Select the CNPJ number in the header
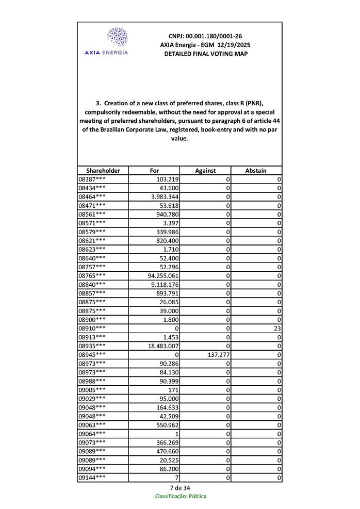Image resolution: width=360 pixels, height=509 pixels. (205, 36)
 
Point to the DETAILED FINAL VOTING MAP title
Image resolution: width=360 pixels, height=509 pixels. (205, 54)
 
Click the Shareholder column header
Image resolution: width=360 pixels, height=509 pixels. (103, 171)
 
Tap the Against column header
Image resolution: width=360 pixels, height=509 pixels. (205, 171)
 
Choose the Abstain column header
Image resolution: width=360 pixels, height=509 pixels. (256, 171)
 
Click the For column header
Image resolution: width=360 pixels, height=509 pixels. (154, 171)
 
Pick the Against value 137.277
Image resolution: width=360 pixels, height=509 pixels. (216, 355)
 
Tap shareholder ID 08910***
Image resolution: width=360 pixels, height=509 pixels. (92, 329)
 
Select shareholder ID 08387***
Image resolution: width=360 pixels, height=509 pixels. (92, 179)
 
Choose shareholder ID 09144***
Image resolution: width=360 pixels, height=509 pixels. (92, 478)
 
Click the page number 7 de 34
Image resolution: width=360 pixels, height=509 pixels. (180, 488)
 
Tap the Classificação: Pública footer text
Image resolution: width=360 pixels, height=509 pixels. (181, 497)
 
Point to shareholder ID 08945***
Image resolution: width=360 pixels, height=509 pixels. (92, 355)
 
